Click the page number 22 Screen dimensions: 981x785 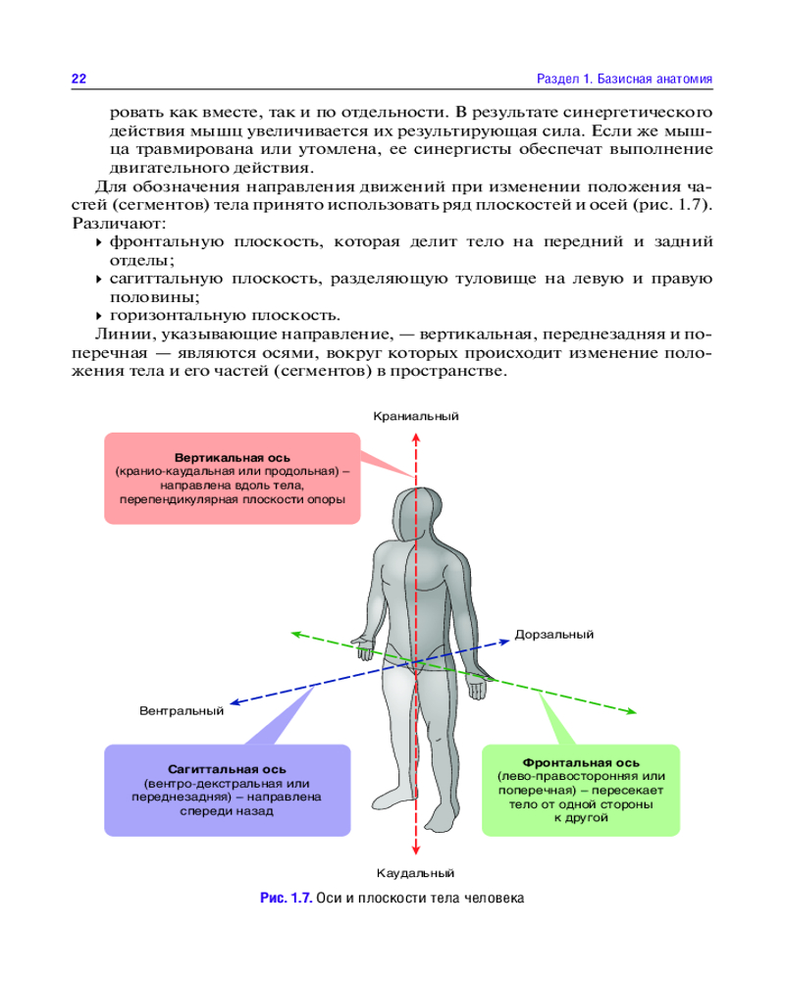(x=78, y=77)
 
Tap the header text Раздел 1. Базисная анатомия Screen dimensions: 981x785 (x=624, y=77)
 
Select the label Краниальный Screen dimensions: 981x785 (x=416, y=416)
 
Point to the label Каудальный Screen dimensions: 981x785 (x=416, y=872)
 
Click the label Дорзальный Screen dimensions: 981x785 (x=554, y=635)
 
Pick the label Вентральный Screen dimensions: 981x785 (x=182, y=710)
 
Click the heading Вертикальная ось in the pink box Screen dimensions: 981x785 (x=232, y=457)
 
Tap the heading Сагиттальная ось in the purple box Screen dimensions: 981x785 (x=227, y=768)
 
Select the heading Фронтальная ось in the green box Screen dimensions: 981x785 (x=581, y=762)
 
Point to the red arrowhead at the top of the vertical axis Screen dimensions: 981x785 (x=416, y=432)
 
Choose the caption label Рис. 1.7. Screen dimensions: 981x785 (x=286, y=898)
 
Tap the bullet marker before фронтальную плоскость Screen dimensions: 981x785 (x=98, y=241)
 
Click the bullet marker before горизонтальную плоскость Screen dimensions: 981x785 (x=98, y=316)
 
